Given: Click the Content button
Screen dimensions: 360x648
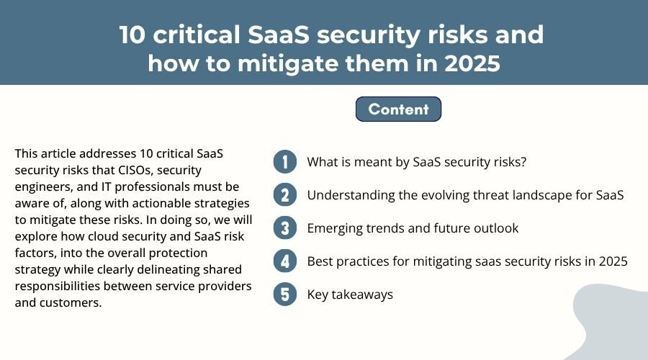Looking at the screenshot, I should coord(398,109).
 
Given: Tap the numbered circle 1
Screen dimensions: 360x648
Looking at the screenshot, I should coord(285,162).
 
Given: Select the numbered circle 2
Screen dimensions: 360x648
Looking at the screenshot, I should coord(285,195).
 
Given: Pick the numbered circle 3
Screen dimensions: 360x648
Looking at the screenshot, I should coord(285,228).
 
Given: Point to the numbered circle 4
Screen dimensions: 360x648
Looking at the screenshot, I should coord(285,261).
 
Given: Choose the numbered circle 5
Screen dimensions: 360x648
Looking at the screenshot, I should coord(285,294).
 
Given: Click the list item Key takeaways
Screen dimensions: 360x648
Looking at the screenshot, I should coord(350,294).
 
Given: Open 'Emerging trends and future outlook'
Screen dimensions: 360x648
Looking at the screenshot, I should coord(413,228).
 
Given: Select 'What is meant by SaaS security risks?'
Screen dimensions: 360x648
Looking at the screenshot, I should coord(417,162).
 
